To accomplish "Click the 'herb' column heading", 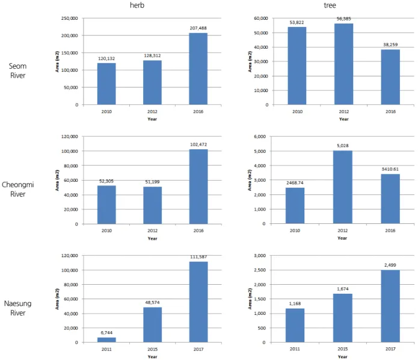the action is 137,5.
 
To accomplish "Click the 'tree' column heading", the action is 330,5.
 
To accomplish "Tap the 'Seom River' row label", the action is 17,70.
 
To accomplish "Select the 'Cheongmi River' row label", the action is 17,189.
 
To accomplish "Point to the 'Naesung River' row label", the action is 17,308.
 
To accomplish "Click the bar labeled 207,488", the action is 198,69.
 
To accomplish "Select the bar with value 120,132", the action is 106,84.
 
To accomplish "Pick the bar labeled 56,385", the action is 343,64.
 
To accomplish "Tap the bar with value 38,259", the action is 390,77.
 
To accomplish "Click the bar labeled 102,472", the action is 198,187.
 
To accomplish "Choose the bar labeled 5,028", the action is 343,187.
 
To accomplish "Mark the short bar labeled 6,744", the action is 106,340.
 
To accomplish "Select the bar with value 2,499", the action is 390,306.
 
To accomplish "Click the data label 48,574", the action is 152,302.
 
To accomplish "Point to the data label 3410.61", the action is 390,169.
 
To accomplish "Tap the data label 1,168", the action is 295,303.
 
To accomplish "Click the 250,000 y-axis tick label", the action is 69,18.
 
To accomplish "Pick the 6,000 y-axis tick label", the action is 260,137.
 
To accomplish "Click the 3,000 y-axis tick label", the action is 260,256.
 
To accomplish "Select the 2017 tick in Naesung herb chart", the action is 198,349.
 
